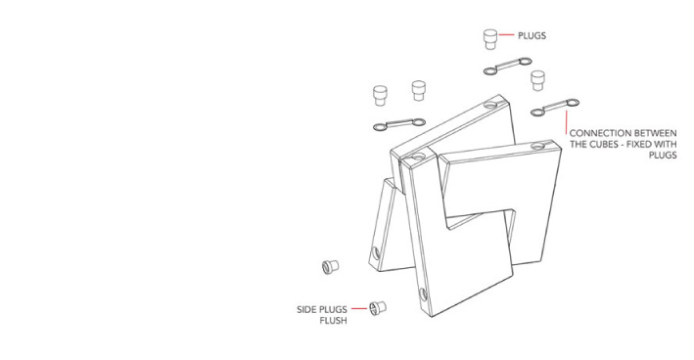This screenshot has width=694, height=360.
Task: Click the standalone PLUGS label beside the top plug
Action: coord(532,36)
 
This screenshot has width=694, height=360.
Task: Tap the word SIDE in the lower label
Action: coord(305,309)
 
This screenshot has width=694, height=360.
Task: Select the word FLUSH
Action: coord(333,321)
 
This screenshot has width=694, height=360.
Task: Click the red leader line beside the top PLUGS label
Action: coord(506,34)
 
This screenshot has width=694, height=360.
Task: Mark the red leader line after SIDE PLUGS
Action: coord(359,309)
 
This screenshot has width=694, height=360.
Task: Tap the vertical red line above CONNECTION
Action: coord(566,122)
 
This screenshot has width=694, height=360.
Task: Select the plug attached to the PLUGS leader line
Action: coord(490,39)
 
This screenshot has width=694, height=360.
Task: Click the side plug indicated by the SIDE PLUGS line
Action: coord(378,307)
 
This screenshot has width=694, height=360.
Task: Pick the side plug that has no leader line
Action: coord(330,266)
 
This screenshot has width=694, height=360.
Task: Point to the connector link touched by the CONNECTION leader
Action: coord(555,108)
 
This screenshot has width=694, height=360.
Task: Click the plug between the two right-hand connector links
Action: coord(537,80)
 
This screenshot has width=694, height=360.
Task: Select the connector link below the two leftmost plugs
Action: coord(399,124)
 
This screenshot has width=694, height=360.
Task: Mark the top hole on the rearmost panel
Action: coord(490,106)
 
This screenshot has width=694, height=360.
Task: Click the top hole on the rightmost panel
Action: coord(538,146)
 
